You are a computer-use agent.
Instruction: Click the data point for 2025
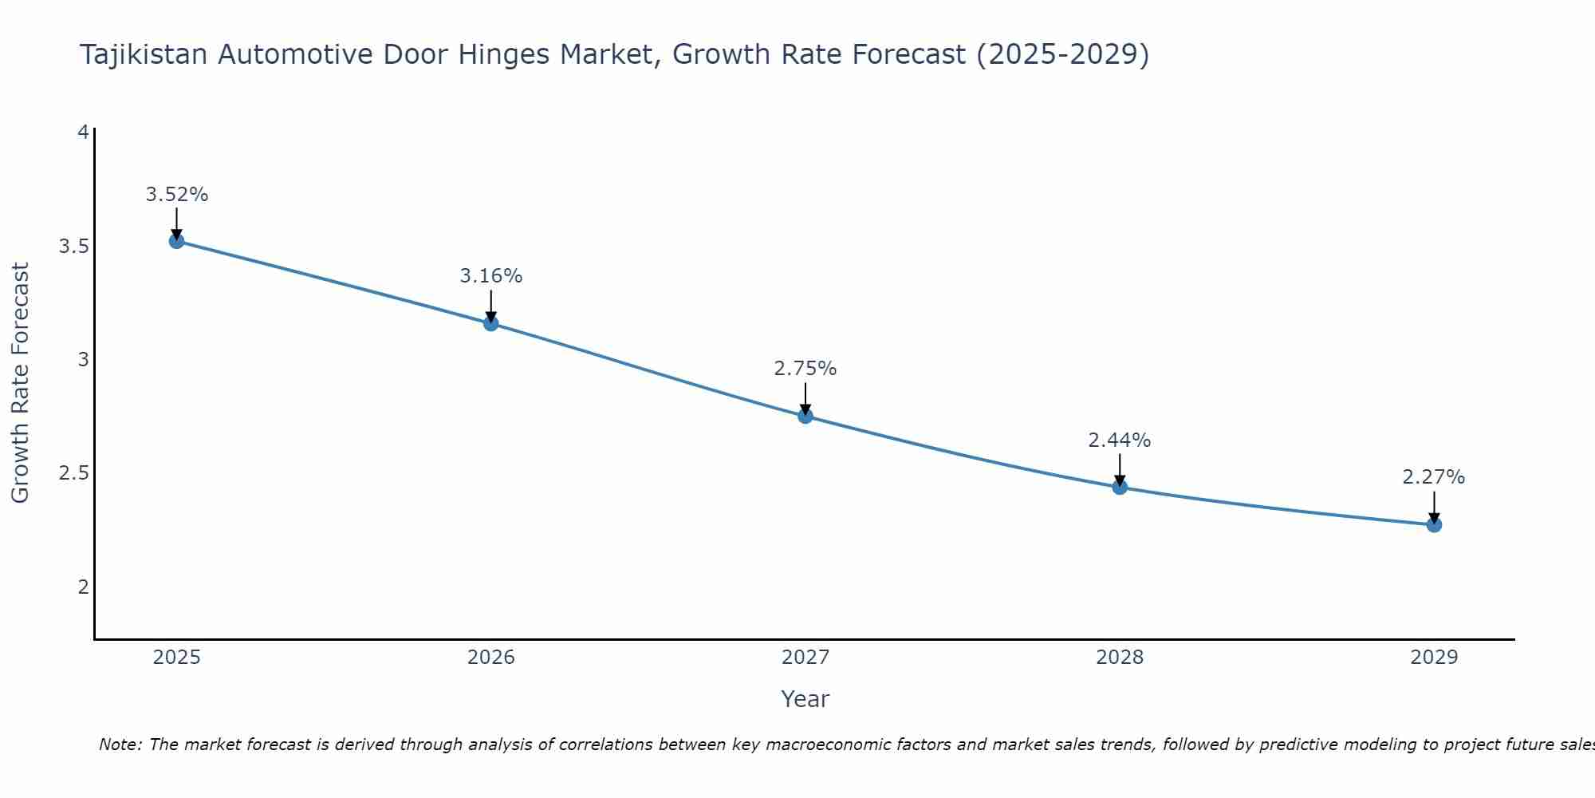point(177,241)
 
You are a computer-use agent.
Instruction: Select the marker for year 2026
point(491,323)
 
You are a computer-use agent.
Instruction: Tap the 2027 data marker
point(805,416)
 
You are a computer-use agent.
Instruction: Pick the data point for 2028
point(1120,487)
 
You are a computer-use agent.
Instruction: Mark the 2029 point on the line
point(1434,524)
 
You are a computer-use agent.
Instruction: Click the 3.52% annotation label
point(177,195)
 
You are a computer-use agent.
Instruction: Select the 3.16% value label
point(491,276)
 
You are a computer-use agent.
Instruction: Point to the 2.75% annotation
point(805,369)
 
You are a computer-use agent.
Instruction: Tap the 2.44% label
point(1120,440)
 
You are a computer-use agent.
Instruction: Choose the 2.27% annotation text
point(1434,477)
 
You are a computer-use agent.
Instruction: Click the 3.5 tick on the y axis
point(73,246)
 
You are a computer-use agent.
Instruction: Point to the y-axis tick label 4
point(83,132)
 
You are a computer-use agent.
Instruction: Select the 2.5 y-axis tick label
point(73,473)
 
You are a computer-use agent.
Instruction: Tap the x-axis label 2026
point(491,658)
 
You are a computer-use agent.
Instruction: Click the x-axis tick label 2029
point(1434,658)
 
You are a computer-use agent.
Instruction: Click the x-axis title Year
point(805,699)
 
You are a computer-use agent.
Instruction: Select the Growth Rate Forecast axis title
point(21,383)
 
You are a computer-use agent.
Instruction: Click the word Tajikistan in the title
point(144,55)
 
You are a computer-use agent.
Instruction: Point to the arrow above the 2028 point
point(1120,469)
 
